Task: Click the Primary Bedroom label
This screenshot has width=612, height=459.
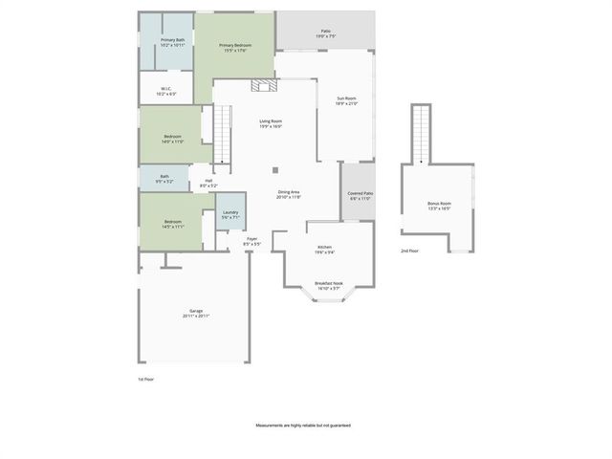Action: coord(235,48)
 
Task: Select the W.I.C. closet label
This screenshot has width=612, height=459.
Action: coord(165,91)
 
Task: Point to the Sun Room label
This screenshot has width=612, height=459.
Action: coord(345,101)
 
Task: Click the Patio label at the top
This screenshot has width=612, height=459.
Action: coord(324,33)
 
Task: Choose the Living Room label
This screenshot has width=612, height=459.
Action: coord(271,123)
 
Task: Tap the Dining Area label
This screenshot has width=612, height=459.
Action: coord(289,195)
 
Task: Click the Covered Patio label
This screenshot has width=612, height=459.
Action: coord(361,196)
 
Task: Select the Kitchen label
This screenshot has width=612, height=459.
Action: coord(325,250)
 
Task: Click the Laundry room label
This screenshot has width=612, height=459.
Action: coord(230,215)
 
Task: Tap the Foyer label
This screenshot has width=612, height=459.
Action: coord(251,242)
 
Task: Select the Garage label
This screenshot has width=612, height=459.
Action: coord(196,314)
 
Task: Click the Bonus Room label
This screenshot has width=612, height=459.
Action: coord(439,206)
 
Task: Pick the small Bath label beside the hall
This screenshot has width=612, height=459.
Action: coord(164,179)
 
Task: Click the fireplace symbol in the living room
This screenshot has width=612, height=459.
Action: coord(263,86)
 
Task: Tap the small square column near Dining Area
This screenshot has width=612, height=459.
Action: coord(274,170)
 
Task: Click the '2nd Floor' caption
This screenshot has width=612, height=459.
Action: coord(409,251)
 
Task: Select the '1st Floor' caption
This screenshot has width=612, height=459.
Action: coord(145,379)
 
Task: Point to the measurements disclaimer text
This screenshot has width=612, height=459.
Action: coord(302,425)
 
